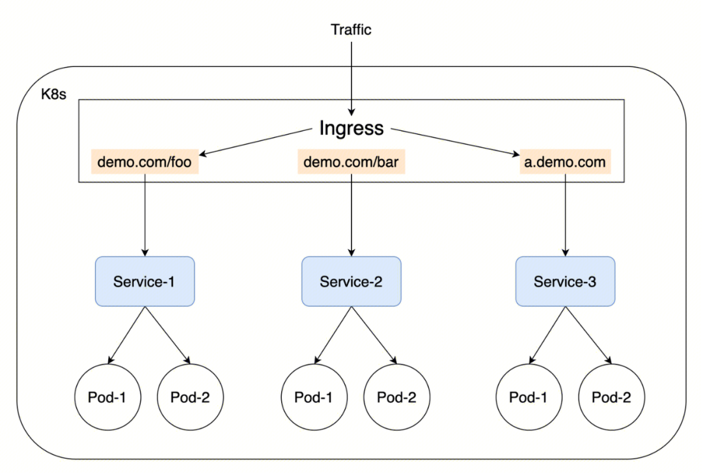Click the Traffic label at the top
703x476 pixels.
coord(351,29)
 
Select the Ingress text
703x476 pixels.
coord(351,128)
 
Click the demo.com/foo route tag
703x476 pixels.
coord(145,162)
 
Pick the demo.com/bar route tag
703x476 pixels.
coord(351,162)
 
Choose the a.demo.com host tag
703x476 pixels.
coord(565,162)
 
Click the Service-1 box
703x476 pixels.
coord(145,281)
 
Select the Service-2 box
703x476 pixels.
coord(351,281)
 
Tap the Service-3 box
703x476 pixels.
coord(565,281)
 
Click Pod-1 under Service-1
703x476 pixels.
coord(107,397)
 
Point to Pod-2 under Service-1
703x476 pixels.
coord(190,397)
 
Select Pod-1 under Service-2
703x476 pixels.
coord(314,397)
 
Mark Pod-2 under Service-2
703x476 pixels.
coord(396,397)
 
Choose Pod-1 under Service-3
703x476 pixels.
coord(528,397)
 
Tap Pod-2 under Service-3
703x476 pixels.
coord(611,397)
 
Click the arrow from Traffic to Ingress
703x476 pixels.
coord(351,78)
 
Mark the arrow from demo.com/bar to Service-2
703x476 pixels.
coord(351,215)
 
